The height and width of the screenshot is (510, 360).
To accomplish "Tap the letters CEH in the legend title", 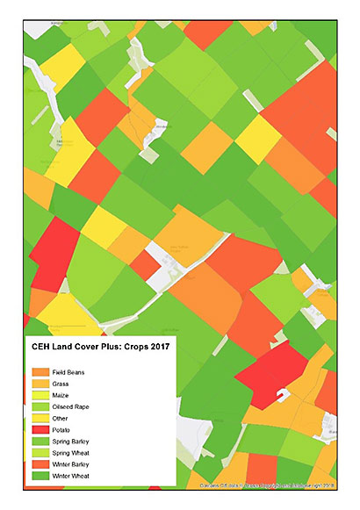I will [42, 348].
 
